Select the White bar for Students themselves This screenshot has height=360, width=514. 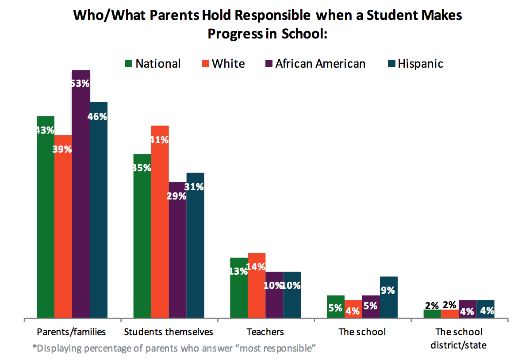pos(160,221)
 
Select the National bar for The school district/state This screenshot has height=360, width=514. pos(432,314)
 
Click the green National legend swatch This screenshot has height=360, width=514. pos(128,64)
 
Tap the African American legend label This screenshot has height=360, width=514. pos(320,64)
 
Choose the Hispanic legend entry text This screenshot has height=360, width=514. pos(420,64)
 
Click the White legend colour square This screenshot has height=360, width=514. pos(204,64)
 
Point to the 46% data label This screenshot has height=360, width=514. pos(98,117)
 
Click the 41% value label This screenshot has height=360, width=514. pos(159,140)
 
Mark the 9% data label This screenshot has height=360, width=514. pos(389,291)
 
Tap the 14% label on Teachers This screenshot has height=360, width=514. pos(257,267)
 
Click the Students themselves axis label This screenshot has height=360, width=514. pos(169,332)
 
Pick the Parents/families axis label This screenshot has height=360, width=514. pos(72,332)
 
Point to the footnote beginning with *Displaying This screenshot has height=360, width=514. pos(174,348)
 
